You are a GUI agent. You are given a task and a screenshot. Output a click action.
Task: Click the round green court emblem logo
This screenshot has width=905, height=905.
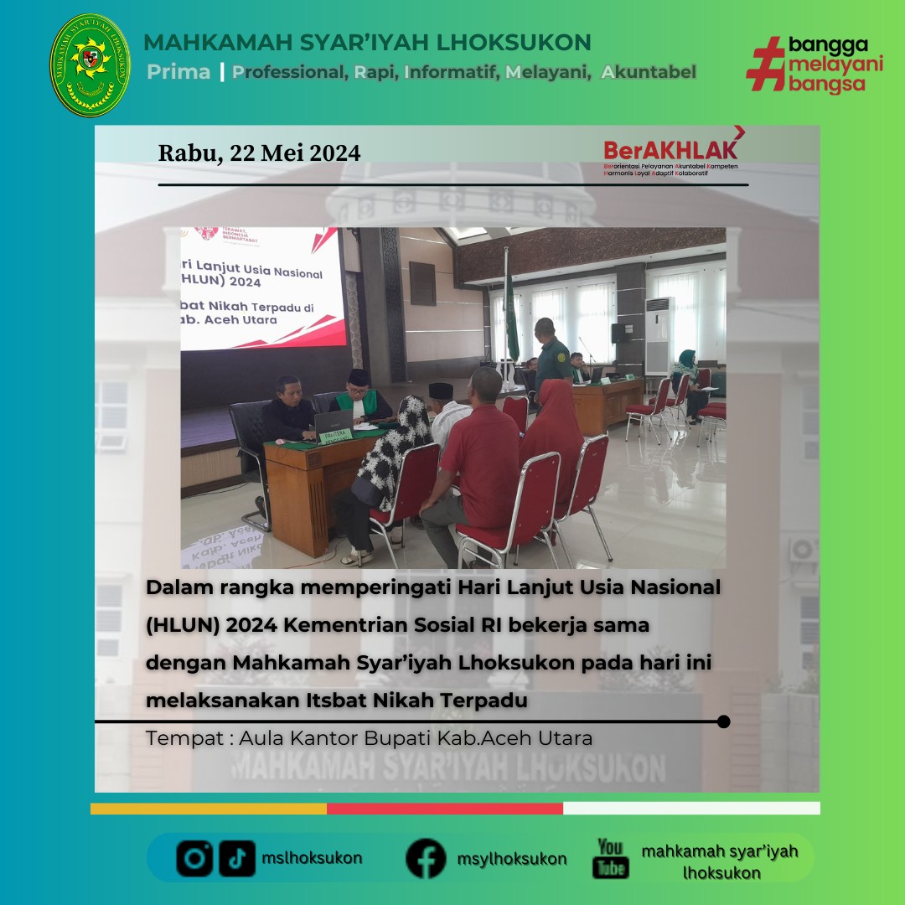(x=90, y=65)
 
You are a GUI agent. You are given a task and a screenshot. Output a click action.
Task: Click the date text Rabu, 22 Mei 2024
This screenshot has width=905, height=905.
(x=259, y=153)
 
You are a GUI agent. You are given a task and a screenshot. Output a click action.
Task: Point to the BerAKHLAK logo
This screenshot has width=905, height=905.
(x=670, y=152)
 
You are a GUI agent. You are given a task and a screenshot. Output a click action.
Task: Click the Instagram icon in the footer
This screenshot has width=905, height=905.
(x=194, y=858)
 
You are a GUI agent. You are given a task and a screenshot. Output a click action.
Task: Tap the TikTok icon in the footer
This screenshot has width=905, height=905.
(x=237, y=858)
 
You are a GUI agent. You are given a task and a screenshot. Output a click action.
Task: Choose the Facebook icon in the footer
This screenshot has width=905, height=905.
(x=426, y=858)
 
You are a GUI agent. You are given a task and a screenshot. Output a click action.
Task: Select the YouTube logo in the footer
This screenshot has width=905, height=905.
(x=611, y=857)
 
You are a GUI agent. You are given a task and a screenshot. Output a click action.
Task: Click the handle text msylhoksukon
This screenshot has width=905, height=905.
(x=511, y=859)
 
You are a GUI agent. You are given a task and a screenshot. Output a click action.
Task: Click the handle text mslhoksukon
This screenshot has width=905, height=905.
(x=312, y=858)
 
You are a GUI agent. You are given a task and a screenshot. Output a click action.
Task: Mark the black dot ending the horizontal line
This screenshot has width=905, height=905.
(x=724, y=721)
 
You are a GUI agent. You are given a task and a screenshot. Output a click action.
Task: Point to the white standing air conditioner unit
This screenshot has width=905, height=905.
(x=659, y=335)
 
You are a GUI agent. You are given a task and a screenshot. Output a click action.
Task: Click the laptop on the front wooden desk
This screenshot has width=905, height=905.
(x=333, y=421)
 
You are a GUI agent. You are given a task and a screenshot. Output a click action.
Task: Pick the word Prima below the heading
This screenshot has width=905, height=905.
(x=178, y=72)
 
